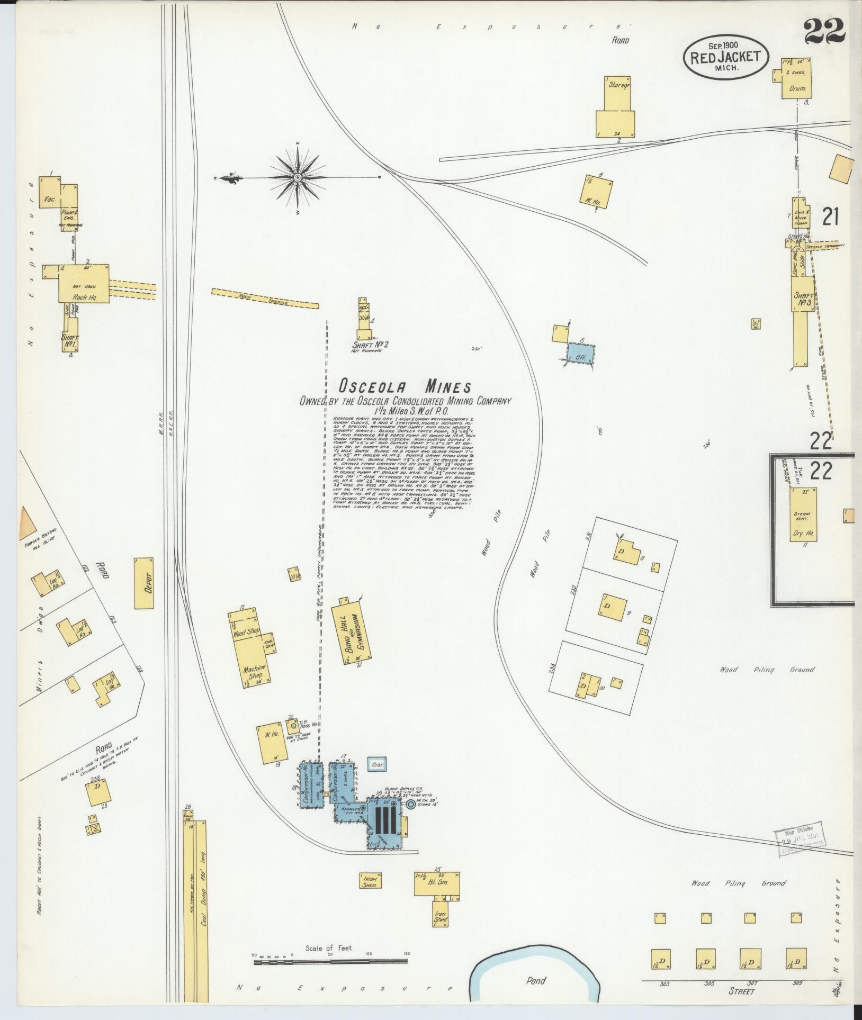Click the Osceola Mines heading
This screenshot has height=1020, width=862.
click(405, 386)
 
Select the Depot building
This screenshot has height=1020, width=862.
click(145, 583)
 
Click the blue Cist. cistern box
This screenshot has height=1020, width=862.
click(378, 764)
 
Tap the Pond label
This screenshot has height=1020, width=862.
click(536, 981)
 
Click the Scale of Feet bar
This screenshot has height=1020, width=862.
click(331, 960)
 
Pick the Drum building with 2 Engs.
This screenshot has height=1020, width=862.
click(796, 78)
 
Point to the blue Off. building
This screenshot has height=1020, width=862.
click(581, 353)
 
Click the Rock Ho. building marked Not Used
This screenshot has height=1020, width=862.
click(84, 284)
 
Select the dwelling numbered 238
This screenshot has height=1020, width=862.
click(98, 802)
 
